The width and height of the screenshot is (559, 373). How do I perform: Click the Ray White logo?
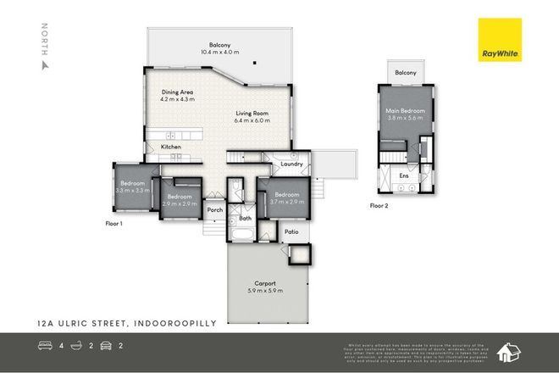pos(501,40)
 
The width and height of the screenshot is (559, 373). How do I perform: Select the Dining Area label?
pos(177,94)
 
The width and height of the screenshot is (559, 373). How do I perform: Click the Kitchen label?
pos(171,147)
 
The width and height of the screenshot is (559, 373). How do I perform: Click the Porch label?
pos(215,210)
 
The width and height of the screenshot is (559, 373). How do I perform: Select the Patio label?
pos(291,231)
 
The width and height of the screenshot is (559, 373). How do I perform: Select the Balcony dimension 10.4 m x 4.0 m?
pos(220,52)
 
